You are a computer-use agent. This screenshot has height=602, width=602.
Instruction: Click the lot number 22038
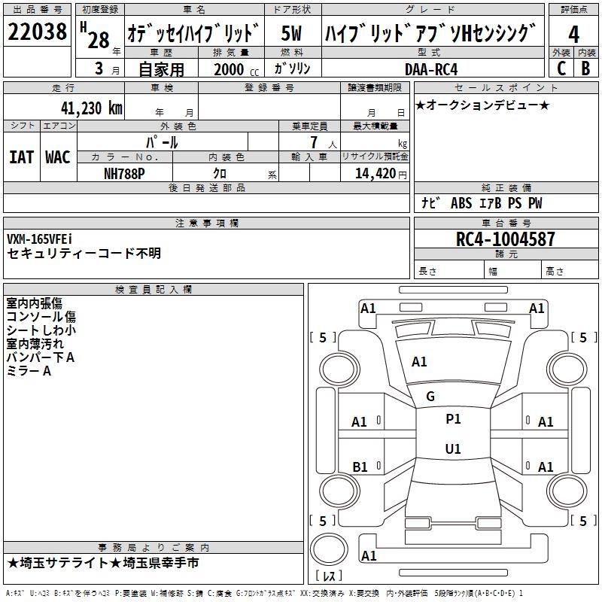(x=37, y=32)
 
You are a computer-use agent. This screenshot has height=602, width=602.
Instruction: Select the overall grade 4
(x=573, y=34)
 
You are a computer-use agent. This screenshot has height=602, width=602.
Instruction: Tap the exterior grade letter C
(x=561, y=68)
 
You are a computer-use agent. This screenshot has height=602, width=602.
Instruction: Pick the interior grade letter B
(x=585, y=68)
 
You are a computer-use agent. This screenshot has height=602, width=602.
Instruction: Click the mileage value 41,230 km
(x=92, y=108)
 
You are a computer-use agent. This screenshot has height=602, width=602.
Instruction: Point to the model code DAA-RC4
(x=431, y=69)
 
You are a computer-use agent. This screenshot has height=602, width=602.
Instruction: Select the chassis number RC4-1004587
(x=505, y=239)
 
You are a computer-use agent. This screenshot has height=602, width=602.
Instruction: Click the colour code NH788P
(x=124, y=174)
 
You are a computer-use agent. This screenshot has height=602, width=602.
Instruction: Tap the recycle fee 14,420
(x=375, y=174)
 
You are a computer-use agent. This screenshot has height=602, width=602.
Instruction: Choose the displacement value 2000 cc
(x=236, y=69)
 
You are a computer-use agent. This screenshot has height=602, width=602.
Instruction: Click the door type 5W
(x=291, y=33)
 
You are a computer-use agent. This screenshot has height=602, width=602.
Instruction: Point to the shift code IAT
(x=21, y=157)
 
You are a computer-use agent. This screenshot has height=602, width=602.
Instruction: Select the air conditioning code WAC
(x=58, y=157)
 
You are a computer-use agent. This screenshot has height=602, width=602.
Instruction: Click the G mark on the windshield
(x=430, y=397)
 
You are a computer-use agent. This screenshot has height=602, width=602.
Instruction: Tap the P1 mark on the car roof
(x=453, y=419)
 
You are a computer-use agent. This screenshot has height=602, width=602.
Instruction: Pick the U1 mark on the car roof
(x=453, y=448)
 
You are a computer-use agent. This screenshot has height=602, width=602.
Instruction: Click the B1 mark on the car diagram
(x=360, y=467)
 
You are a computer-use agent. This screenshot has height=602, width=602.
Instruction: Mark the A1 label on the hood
(x=419, y=362)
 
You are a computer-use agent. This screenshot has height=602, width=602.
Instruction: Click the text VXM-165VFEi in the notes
(x=39, y=239)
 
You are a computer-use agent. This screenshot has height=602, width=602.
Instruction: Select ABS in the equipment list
(x=461, y=203)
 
